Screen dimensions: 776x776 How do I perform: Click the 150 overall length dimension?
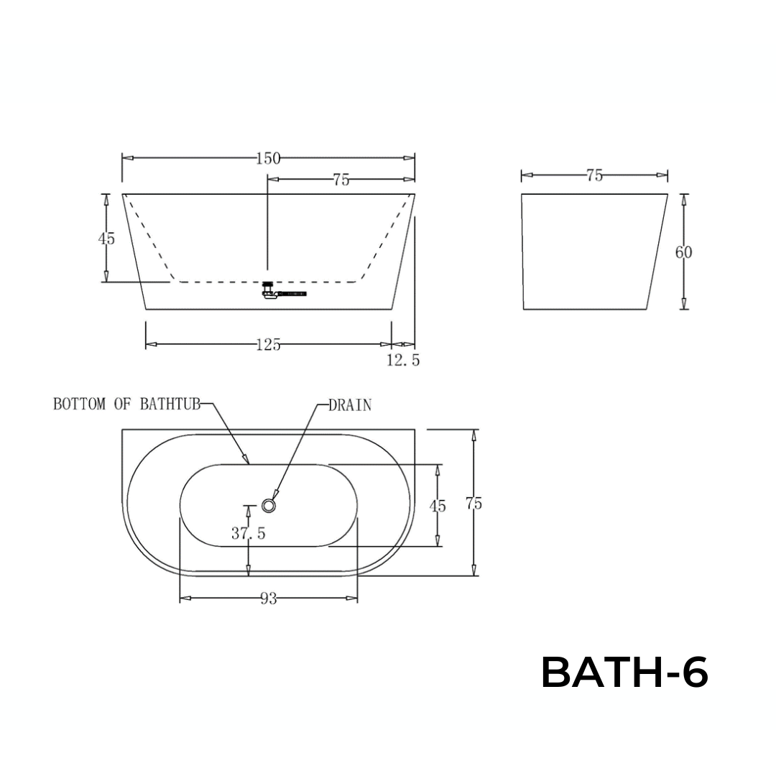(268, 159)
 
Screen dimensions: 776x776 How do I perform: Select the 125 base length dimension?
(268, 345)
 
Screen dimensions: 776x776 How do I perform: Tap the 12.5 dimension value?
(403, 361)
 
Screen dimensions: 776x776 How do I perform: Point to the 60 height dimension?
(684, 252)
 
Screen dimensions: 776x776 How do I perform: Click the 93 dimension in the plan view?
(268, 599)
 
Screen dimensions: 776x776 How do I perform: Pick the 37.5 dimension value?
(249, 533)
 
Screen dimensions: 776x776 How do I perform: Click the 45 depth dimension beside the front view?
(106, 239)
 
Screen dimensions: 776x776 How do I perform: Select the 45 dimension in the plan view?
(438, 506)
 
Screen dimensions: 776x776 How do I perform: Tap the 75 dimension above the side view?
(594, 175)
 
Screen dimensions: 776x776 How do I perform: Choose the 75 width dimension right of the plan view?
(474, 504)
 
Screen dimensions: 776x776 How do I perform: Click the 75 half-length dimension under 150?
(341, 180)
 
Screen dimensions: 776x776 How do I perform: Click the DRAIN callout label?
(350, 405)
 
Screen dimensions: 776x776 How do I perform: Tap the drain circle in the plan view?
(269, 506)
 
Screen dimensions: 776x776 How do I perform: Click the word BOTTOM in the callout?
(78, 404)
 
